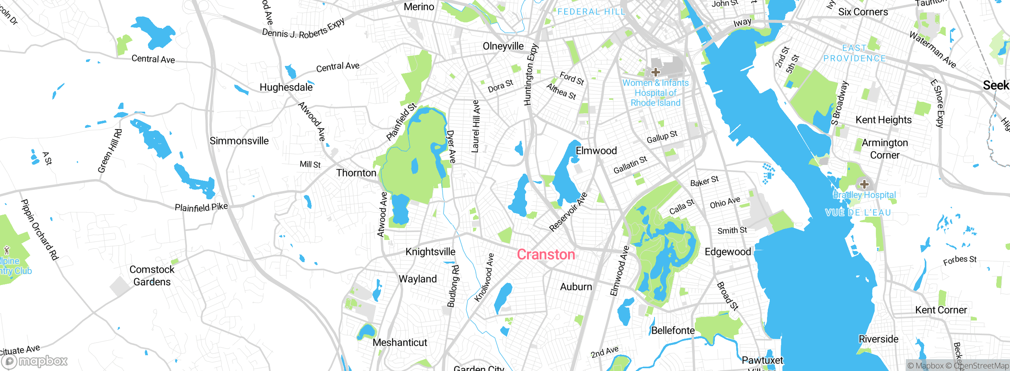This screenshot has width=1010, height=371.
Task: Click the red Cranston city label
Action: click(546, 255)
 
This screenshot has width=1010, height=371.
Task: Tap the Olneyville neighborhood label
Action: click(503, 46)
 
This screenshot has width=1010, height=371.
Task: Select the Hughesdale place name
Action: click(286, 87)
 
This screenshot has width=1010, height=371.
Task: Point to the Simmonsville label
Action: click(239, 141)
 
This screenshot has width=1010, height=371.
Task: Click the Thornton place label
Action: click(356, 173)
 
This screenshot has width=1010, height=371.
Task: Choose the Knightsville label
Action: click(430, 252)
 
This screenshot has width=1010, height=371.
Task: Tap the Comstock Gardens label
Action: click(152, 275)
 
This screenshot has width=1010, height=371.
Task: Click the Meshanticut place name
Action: click(400, 343)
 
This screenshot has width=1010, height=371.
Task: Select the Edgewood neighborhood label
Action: click(728, 252)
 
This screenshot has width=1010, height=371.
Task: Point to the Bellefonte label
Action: click(673, 330)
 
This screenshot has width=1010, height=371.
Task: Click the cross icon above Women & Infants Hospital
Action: click(655, 72)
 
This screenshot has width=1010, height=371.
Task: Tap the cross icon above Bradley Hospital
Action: click(864, 184)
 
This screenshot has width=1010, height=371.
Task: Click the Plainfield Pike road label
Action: click(201, 207)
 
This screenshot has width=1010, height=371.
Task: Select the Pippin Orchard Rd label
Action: click(39, 230)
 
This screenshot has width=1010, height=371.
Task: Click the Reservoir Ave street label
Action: click(568, 212)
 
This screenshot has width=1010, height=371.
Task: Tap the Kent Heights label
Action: click(883, 120)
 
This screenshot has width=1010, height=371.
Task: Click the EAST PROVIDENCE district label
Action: click(854, 53)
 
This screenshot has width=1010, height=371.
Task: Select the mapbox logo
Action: click(35, 361)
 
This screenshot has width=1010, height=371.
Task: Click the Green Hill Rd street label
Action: click(110, 151)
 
